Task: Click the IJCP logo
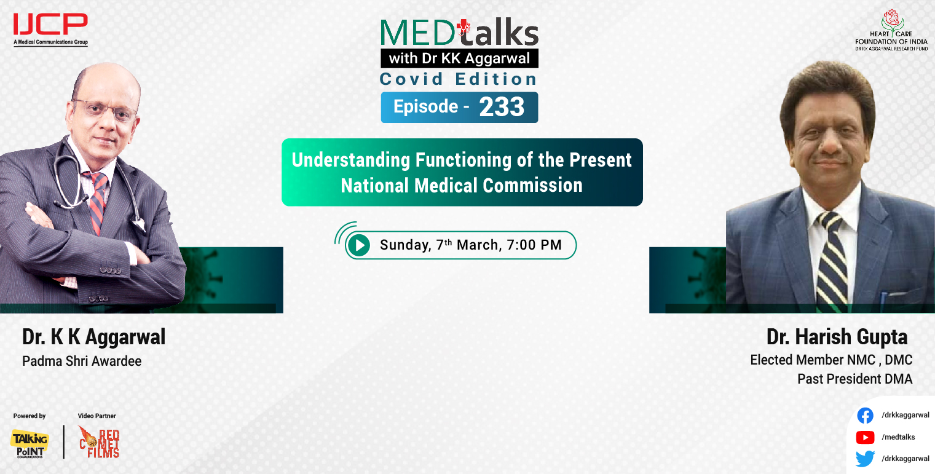(50, 28)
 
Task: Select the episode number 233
(502, 107)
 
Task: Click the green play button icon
(358, 245)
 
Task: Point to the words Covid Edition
(459, 79)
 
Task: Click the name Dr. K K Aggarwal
(94, 337)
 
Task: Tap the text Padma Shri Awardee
(82, 361)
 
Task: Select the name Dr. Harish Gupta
(837, 337)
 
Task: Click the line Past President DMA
(854, 379)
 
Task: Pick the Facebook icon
(865, 416)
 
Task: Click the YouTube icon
(865, 437)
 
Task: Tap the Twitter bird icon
(865, 459)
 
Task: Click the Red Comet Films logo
(99, 442)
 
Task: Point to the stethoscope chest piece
(59, 203)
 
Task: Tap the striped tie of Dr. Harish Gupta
(832, 258)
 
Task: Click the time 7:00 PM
(534, 245)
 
